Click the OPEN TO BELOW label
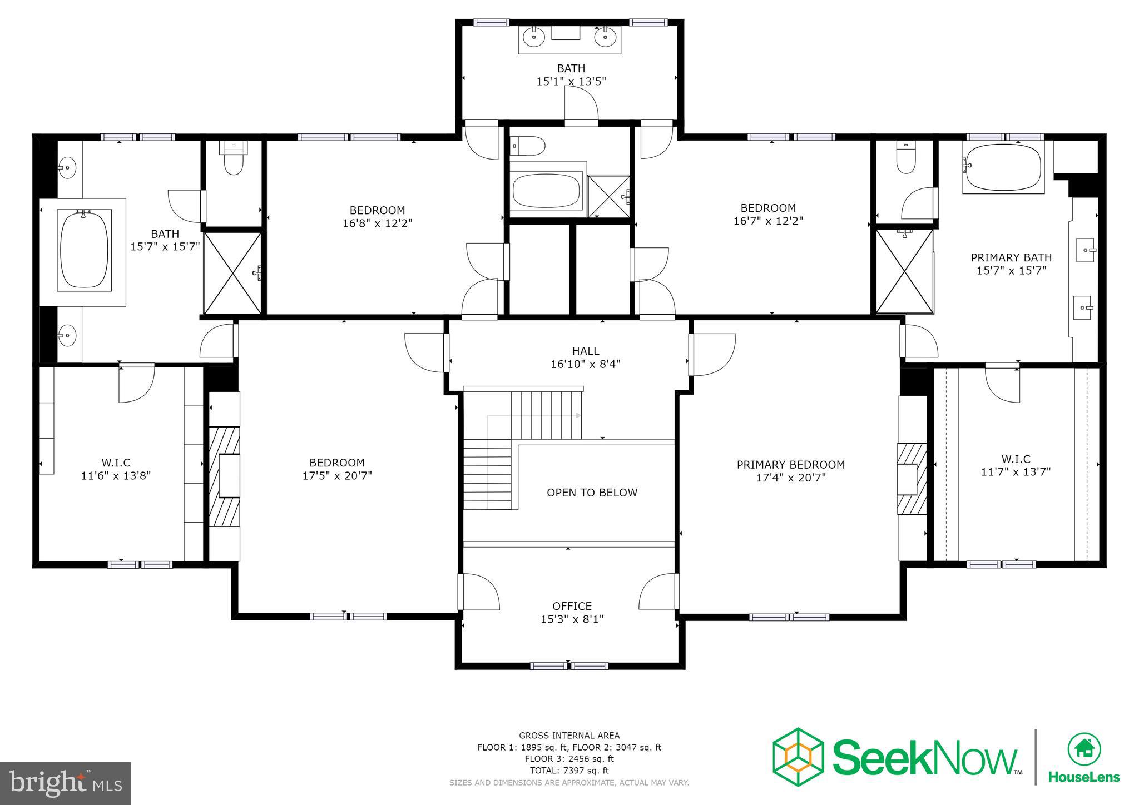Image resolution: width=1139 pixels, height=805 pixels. (592, 493)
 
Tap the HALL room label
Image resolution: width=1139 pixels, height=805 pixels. (586, 351)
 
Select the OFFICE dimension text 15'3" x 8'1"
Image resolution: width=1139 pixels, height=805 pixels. (572, 619)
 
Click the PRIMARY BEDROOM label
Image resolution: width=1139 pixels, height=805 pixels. (790, 465)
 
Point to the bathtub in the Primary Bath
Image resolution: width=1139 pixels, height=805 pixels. (1003, 168)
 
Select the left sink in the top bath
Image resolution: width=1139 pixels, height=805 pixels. (534, 37)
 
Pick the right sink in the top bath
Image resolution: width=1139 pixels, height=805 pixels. (605, 37)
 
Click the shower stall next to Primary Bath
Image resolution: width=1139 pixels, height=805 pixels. (905, 271)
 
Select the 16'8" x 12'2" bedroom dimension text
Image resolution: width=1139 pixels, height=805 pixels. (378, 223)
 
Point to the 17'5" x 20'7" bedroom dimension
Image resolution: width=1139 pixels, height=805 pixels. (337, 476)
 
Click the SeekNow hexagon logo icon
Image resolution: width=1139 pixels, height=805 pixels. (798, 757)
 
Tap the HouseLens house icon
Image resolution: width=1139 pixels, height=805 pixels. (1083, 749)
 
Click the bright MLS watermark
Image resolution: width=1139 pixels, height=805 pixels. (65, 783)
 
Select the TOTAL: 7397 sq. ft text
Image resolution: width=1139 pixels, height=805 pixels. (569, 771)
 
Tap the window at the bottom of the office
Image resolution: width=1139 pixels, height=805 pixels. (568, 665)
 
